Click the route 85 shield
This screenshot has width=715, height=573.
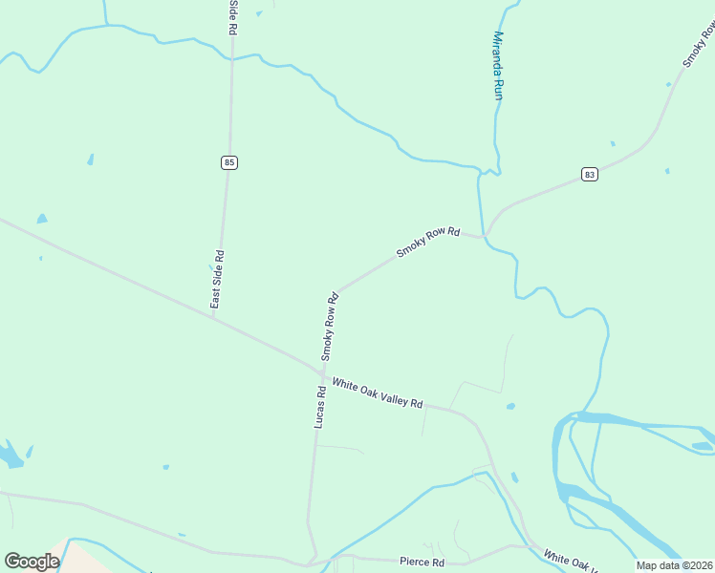tap(228, 162)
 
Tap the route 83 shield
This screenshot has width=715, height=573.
tap(589, 174)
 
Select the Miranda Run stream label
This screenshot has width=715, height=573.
tap(497, 65)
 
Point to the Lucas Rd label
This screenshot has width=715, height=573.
tap(321, 406)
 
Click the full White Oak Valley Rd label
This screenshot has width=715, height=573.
tap(377, 393)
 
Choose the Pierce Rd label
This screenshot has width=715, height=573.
tap(422, 562)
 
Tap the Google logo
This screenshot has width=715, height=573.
tap(32, 562)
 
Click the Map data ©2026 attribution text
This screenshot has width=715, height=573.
tap(674, 565)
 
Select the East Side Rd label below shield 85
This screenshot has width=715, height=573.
tap(218, 279)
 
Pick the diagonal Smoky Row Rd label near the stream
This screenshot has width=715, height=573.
tap(428, 244)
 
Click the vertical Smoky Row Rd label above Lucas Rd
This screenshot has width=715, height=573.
tap(331, 326)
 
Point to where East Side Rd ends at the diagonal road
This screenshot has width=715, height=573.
tap(214, 318)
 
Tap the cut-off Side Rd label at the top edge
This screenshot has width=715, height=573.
tap(231, 17)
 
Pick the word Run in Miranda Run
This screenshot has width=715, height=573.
tap(497, 89)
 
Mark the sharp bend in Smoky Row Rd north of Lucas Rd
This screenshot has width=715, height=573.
tap(336, 291)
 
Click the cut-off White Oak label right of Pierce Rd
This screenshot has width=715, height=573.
tap(572, 562)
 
